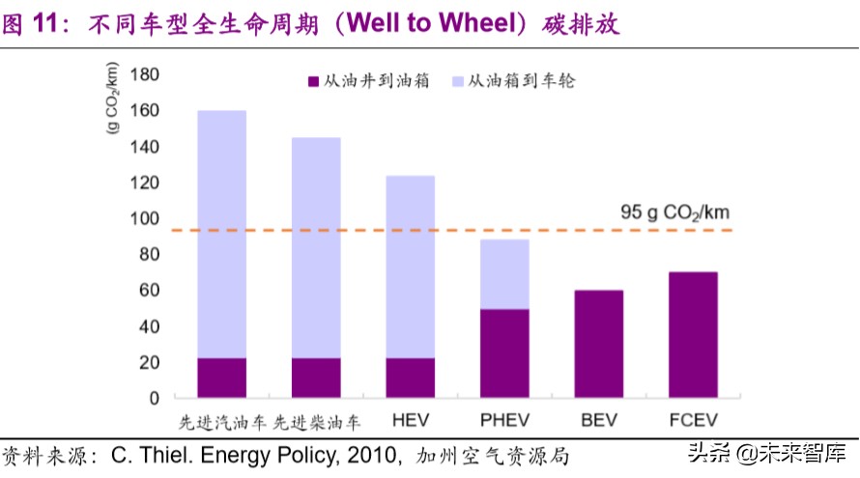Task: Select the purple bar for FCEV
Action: click(693, 334)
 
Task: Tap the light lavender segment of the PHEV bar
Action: click(504, 274)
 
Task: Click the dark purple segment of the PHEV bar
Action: click(504, 353)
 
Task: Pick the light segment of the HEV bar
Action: click(411, 267)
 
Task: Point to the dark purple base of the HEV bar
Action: click(411, 378)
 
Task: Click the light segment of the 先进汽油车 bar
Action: click(222, 234)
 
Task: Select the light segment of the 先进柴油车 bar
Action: click(316, 247)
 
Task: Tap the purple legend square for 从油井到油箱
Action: click(313, 82)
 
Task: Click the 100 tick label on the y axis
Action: click(143, 219)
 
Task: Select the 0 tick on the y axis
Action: click(153, 398)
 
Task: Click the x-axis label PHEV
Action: click(504, 421)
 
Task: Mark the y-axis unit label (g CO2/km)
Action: click(113, 99)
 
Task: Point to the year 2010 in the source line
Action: click(371, 455)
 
